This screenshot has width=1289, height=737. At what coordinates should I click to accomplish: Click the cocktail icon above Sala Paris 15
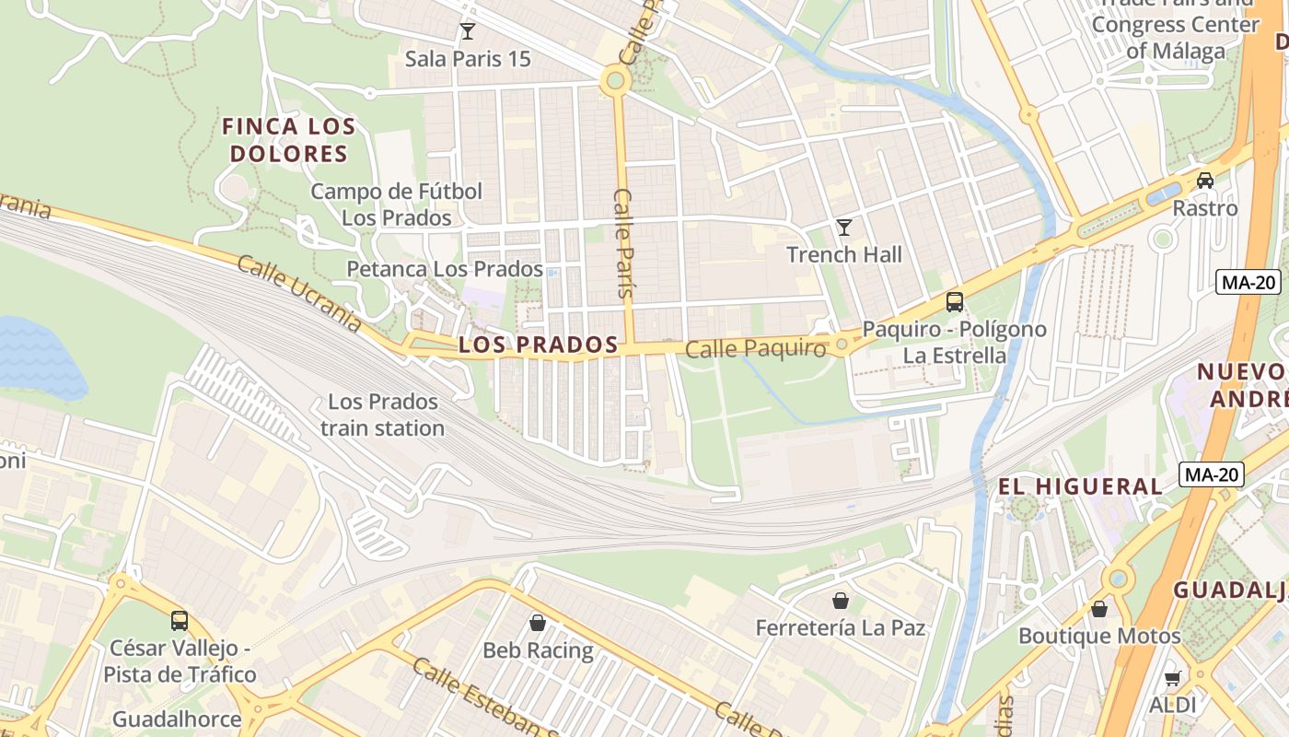click(468, 31)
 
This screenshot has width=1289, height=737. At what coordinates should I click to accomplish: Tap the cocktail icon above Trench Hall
click(843, 227)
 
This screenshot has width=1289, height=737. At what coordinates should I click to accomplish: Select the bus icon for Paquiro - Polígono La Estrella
click(955, 301)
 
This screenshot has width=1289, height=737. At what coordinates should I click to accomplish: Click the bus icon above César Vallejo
click(180, 620)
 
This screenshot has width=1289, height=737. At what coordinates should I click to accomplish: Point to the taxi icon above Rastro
click(1204, 180)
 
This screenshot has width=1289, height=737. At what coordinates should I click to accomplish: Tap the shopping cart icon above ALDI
click(1172, 678)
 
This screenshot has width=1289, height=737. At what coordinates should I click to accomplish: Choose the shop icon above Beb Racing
click(538, 623)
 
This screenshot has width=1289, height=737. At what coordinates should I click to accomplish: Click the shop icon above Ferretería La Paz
click(840, 601)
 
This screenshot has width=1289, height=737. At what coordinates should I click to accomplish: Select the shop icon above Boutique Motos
click(1098, 608)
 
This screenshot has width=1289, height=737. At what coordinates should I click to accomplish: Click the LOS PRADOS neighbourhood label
click(538, 345)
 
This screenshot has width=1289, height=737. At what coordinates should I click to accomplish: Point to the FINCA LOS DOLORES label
click(288, 140)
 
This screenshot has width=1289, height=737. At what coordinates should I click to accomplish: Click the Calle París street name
click(625, 242)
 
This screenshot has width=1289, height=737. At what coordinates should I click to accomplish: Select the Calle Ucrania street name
click(299, 293)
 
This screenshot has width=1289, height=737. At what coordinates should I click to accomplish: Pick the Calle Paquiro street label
click(755, 349)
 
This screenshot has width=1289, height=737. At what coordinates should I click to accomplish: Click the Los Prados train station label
click(382, 415)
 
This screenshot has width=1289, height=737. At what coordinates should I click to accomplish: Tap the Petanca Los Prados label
click(444, 269)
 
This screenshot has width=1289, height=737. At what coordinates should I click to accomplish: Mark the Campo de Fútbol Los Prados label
click(396, 205)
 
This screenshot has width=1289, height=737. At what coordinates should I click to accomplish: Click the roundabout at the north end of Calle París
click(615, 81)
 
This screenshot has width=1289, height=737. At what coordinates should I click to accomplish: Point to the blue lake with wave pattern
click(37, 359)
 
